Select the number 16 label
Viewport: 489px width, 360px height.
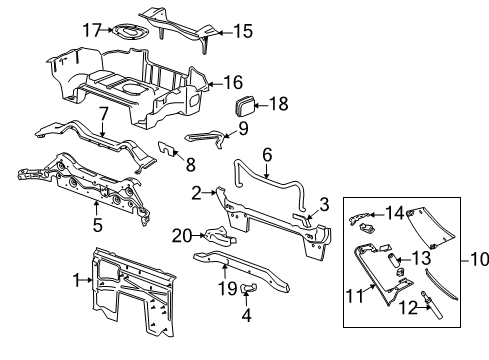(231, 83)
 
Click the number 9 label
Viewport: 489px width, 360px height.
(242, 128)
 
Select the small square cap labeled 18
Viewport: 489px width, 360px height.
(247, 106)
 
